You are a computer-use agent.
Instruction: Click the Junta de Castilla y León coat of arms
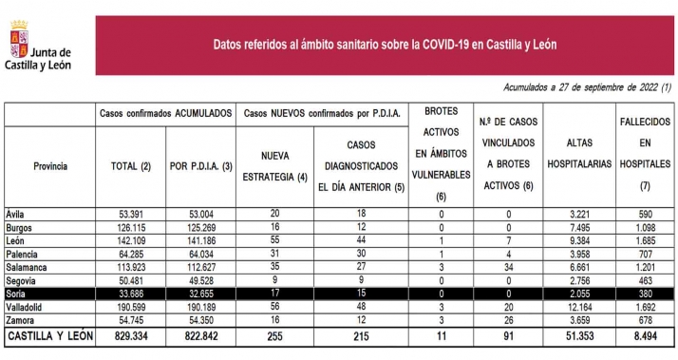point(18,44)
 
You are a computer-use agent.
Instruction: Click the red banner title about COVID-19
point(385,44)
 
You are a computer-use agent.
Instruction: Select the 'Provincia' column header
point(50,166)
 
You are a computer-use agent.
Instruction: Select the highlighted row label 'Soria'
point(17,296)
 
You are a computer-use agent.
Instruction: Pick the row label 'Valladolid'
point(25,310)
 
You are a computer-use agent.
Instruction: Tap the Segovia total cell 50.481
point(130,283)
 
